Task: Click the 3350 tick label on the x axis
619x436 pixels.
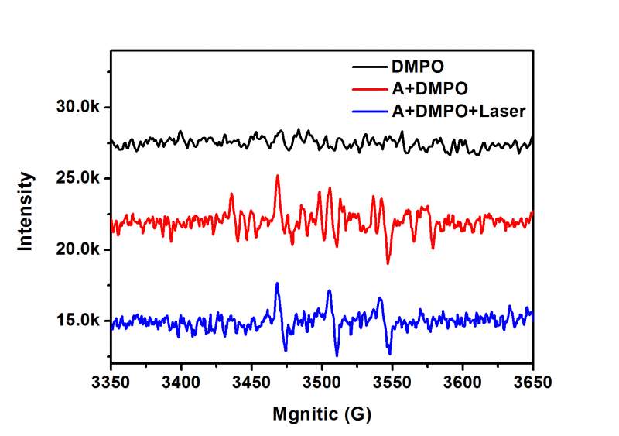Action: coord(111,382)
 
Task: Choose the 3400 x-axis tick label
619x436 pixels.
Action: coord(181,382)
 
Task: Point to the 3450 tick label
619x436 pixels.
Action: coord(251,382)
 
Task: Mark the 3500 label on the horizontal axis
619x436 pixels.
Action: coord(322,382)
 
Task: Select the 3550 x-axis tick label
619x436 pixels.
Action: coord(392,382)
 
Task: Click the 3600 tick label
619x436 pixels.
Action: coord(463,382)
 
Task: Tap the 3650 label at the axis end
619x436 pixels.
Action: coord(532,382)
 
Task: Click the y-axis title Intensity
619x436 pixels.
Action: coord(26,211)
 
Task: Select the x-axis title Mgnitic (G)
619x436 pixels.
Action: coord(322,414)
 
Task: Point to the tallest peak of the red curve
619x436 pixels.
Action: coord(277,177)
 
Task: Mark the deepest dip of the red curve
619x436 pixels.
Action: coord(388,263)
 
